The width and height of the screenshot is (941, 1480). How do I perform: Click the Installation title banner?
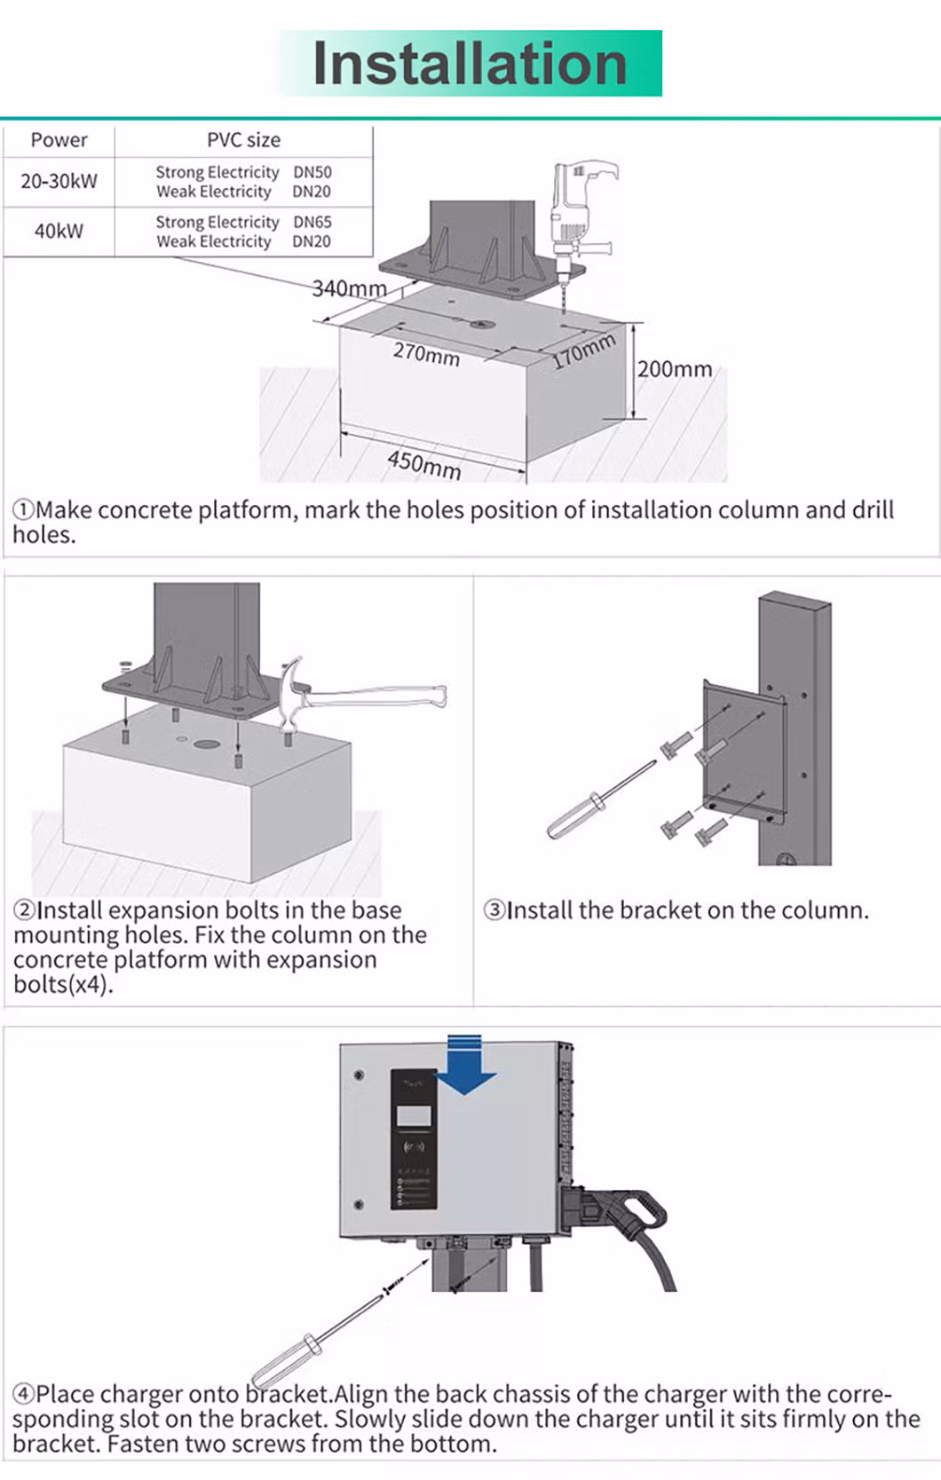[x=470, y=64]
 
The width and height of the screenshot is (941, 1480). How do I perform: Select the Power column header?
[x=59, y=140]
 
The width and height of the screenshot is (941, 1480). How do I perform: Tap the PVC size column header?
[x=243, y=140]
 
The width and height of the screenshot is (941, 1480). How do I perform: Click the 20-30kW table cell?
[x=59, y=181]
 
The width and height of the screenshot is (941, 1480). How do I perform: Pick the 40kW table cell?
[x=59, y=232]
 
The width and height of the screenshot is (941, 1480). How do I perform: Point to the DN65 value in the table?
[x=312, y=222]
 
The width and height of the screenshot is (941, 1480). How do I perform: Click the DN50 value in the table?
[x=312, y=172]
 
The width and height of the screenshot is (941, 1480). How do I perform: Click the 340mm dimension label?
[x=349, y=288]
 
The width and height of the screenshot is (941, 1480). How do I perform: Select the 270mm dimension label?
[x=426, y=354]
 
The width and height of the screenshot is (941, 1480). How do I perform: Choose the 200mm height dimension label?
[x=675, y=369]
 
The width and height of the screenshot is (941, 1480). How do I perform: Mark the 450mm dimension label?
[x=424, y=463]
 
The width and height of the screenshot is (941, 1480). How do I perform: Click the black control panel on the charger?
[x=414, y=1138]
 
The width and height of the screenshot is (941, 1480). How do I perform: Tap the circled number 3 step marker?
[x=494, y=910]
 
